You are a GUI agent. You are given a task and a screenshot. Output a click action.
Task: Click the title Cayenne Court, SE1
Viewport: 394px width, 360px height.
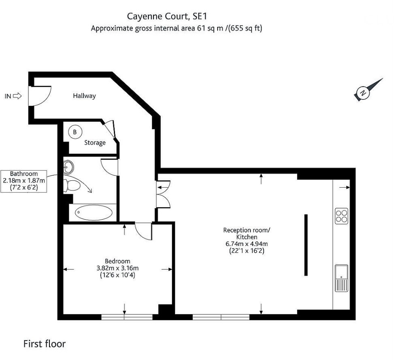pyautogui.click(x=168, y=16)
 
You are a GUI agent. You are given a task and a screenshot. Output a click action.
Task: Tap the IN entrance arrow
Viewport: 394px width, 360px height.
pyautogui.click(x=17, y=96)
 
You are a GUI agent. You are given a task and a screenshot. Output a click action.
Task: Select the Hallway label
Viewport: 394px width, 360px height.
pyautogui.click(x=84, y=96)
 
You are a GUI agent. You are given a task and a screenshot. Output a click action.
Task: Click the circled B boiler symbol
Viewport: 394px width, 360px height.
pyautogui.click(x=75, y=132)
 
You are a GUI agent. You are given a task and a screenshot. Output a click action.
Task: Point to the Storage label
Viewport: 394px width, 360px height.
pyautogui.click(x=95, y=143)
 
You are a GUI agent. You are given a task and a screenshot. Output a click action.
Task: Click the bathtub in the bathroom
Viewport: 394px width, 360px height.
pyautogui.click(x=94, y=212)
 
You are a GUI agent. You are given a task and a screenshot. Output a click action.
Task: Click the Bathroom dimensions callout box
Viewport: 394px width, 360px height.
pyautogui.click(x=24, y=181)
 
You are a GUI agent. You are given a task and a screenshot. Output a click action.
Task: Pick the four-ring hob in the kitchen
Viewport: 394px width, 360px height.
pyautogui.click(x=341, y=216)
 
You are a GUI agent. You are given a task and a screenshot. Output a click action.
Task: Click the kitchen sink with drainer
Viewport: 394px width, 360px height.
pyautogui.click(x=341, y=278)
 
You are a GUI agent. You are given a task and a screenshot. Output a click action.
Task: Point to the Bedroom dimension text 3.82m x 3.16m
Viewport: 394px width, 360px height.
pyautogui.click(x=117, y=268)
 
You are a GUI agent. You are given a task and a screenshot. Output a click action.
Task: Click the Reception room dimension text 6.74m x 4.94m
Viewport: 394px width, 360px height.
pyautogui.click(x=246, y=244)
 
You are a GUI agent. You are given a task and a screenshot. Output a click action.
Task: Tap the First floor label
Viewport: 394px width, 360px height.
pyautogui.click(x=44, y=344)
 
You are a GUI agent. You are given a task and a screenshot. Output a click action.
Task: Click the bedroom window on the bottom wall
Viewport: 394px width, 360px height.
pyautogui.click(x=124, y=317)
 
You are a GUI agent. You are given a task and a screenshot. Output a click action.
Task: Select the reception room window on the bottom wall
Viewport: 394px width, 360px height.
pyautogui.click(x=221, y=317)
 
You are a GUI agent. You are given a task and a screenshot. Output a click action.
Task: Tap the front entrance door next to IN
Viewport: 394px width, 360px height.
pyautogui.click(x=40, y=96)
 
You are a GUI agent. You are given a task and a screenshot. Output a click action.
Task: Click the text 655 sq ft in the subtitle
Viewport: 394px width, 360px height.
pyautogui.click(x=245, y=28)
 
